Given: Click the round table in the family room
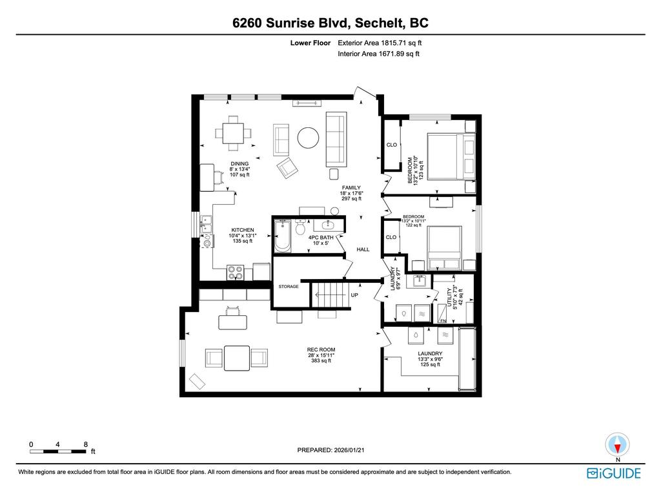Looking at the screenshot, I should [307, 137].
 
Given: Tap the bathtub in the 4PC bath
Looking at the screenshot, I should [283, 236].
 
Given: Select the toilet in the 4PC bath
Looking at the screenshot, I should [300, 229].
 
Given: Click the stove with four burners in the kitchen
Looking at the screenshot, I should [236, 273].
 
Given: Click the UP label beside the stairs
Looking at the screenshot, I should [354, 294].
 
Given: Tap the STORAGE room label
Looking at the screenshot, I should [289, 286].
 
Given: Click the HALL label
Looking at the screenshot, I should [363, 249].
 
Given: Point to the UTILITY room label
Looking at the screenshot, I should [451, 298].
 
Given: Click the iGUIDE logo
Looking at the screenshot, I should [613, 473].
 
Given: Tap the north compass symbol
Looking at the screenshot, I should [618, 445].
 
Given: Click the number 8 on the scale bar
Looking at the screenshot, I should [86, 444].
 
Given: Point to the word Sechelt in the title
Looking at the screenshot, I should [365, 23].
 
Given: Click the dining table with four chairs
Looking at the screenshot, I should [233, 134].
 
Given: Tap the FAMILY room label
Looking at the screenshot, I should [351, 188].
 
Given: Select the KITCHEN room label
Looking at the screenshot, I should [243, 230].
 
